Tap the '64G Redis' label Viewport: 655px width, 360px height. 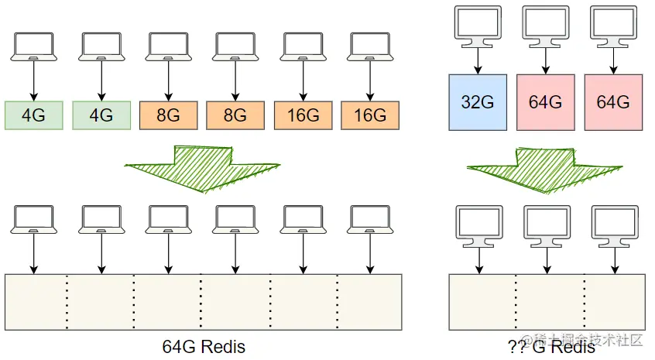[204, 346]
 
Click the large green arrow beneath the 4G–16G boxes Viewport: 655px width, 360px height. [202, 166]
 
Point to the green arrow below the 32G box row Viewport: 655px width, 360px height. [545, 166]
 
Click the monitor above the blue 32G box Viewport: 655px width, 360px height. [478, 26]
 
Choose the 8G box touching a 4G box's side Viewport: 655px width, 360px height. [168, 115]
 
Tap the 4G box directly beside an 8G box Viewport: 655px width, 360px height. [101, 115]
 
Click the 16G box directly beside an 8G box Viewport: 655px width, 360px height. [303, 115]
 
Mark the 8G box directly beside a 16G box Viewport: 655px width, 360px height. [235, 115]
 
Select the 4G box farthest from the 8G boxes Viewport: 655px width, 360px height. [33, 115]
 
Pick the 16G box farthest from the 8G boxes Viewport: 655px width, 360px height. [369, 115]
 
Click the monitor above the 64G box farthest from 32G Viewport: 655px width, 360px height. [613, 26]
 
